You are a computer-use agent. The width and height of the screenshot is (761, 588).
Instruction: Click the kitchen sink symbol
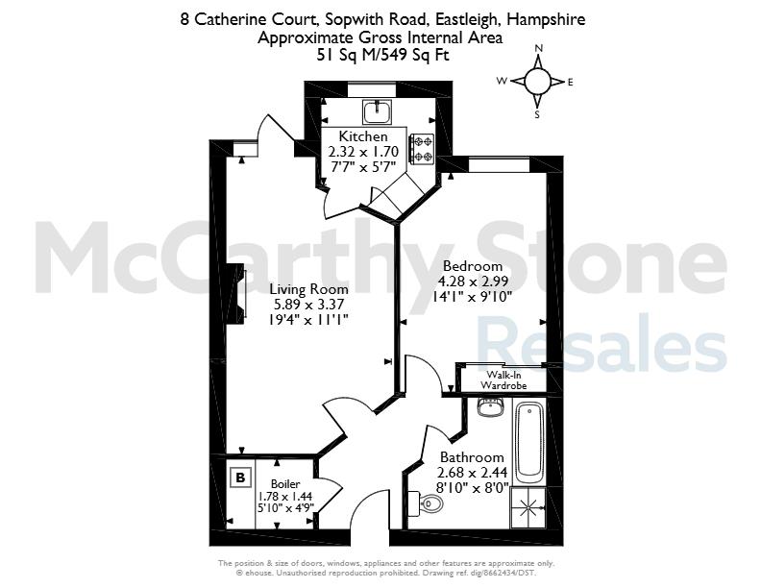(x=377, y=111)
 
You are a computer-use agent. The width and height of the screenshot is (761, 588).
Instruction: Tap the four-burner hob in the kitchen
(x=421, y=149)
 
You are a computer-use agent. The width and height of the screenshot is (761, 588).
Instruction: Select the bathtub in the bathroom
(x=529, y=442)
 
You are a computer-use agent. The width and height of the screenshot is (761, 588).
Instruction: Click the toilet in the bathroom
(x=426, y=503)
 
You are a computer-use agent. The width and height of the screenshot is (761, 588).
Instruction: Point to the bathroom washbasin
(x=491, y=407)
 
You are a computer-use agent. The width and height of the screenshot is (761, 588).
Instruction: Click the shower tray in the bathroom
(x=528, y=508)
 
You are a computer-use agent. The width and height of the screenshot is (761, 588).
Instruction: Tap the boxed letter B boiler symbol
(x=240, y=478)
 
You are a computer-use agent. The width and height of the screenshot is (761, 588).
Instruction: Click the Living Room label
(x=308, y=289)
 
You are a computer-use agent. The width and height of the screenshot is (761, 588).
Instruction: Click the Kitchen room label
(x=363, y=136)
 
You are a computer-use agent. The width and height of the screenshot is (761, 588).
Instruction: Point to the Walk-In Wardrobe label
(x=503, y=380)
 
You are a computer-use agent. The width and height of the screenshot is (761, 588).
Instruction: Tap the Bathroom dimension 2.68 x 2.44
(x=472, y=473)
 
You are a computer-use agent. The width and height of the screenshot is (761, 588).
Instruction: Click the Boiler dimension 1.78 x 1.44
(x=284, y=497)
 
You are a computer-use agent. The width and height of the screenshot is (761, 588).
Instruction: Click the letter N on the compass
(x=538, y=48)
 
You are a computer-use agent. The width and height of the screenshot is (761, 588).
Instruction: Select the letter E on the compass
(x=570, y=82)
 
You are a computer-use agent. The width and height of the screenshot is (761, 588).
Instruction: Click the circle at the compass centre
(x=538, y=81)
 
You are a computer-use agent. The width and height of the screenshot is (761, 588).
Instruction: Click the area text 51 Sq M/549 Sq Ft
(x=383, y=55)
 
